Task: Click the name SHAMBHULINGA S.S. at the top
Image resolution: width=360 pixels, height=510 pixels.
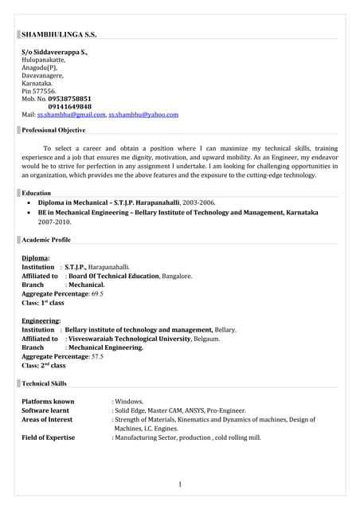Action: pyautogui.click(x=58, y=35)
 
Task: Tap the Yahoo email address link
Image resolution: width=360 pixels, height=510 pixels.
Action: pyautogui.click(x=143, y=115)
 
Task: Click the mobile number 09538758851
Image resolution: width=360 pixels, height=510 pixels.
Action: pyautogui.click(x=75, y=99)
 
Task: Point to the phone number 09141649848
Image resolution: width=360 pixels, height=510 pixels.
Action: pyautogui.click(x=69, y=107)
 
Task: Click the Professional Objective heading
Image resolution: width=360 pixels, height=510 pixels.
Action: pyautogui.click(x=53, y=130)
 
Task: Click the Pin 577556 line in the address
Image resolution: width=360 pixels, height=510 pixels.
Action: pyautogui.click(x=38, y=91)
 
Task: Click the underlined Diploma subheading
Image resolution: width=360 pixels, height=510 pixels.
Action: pyautogui.click(x=36, y=258)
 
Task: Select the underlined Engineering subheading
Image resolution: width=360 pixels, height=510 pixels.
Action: pyautogui.click(x=41, y=320)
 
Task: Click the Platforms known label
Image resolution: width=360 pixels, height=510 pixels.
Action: pyautogui.click(x=48, y=402)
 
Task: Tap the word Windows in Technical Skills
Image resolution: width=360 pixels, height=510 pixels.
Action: pyautogui.click(x=129, y=402)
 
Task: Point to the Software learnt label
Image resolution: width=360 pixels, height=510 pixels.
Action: pyautogui.click(x=45, y=410)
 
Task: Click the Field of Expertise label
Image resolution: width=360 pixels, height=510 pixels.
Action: pyautogui.click(x=48, y=437)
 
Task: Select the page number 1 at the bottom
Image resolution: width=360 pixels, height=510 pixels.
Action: pyautogui.click(x=180, y=484)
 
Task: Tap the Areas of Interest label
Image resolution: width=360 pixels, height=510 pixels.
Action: pyautogui.click(x=47, y=419)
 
